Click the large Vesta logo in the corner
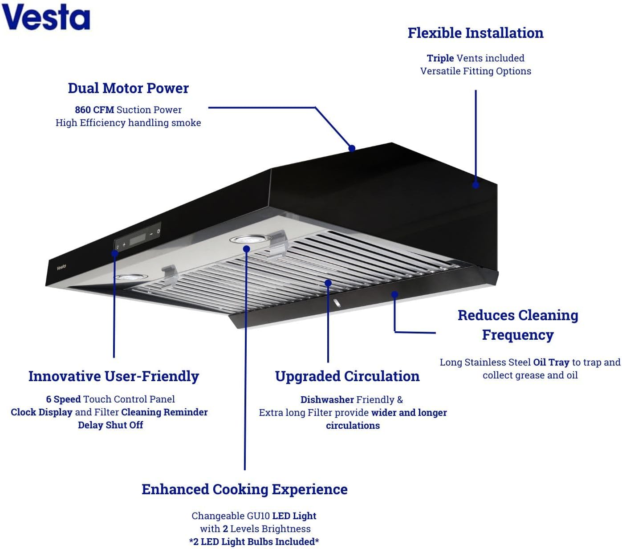45,17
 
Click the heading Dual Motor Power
128,88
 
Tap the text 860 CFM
94,110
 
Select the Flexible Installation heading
476,33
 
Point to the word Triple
440,58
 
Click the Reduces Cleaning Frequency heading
518,325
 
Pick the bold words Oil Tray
551,362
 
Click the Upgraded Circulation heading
347,376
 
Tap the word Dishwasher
327,400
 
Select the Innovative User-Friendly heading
114,376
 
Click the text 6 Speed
63,399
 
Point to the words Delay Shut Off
110,425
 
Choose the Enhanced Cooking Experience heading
244,489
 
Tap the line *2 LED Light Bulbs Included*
254,542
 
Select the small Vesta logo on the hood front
61,267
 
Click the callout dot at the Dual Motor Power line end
352,148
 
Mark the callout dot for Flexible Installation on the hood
476,184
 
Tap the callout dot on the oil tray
394,294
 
